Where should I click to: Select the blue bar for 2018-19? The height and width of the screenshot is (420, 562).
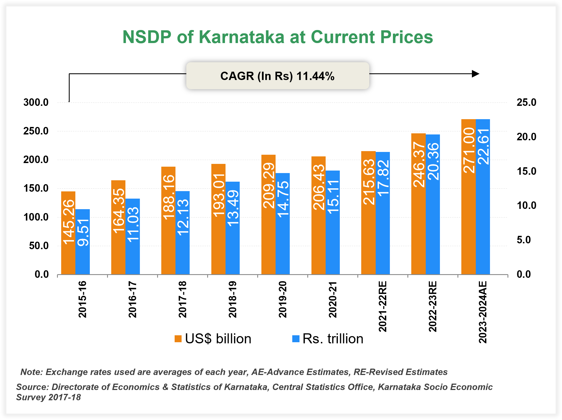(x=232, y=228)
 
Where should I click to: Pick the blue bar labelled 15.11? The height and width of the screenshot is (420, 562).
(x=333, y=222)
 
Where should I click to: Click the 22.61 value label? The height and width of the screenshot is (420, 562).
(x=483, y=146)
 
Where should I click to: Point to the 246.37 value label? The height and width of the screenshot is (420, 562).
(x=419, y=164)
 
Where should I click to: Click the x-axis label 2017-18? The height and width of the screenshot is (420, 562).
(x=182, y=299)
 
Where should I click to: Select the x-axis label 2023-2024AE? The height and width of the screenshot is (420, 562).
(x=483, y=312)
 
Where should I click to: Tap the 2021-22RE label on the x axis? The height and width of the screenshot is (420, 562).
(x=383, y=306)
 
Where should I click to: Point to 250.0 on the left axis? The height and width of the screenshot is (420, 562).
(x=36, y=131)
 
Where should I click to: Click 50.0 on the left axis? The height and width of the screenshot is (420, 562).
(x=39, y=246)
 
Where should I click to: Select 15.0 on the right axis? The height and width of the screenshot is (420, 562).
(x=526, y=171)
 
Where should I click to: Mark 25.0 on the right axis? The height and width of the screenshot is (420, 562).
(x=526, y=102)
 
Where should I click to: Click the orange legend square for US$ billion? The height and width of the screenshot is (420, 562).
(x=178, y=339)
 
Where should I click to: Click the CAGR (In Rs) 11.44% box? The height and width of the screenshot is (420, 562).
(x=278, y=76)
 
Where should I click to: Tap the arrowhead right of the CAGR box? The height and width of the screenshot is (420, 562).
(x=476, y=74)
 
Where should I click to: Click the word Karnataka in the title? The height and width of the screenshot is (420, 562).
(x=242, y=37)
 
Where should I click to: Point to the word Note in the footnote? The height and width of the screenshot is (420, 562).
(x=31, y=372)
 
